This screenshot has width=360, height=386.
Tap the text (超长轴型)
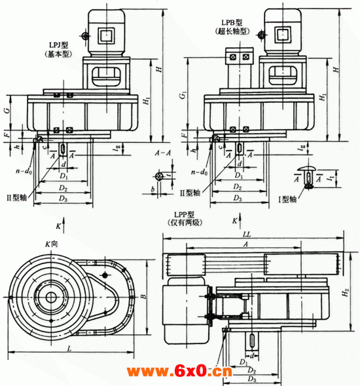(x=234, y=31)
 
